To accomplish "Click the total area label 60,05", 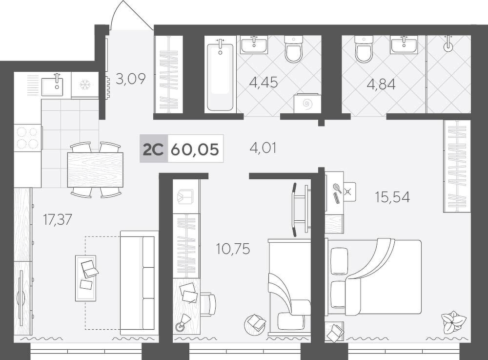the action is (x=195, y=149).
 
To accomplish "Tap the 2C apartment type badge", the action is (x=153, y=149).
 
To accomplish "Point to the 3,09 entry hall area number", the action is (x=130, y=79).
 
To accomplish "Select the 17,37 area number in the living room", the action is (x=57, y=220).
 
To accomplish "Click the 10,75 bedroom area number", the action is (x=233, y=249).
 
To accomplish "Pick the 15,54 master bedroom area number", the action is (x=392, y=197).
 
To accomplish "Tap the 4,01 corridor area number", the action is (x=263, y=148).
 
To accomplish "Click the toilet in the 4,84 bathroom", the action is (x=364, y=48).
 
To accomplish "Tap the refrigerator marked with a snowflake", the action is (x=84, y=85).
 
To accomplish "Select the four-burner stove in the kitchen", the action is (x=28, y=138).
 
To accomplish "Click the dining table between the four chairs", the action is (x=95, y=169).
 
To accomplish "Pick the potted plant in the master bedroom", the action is (x=453, y=321).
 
